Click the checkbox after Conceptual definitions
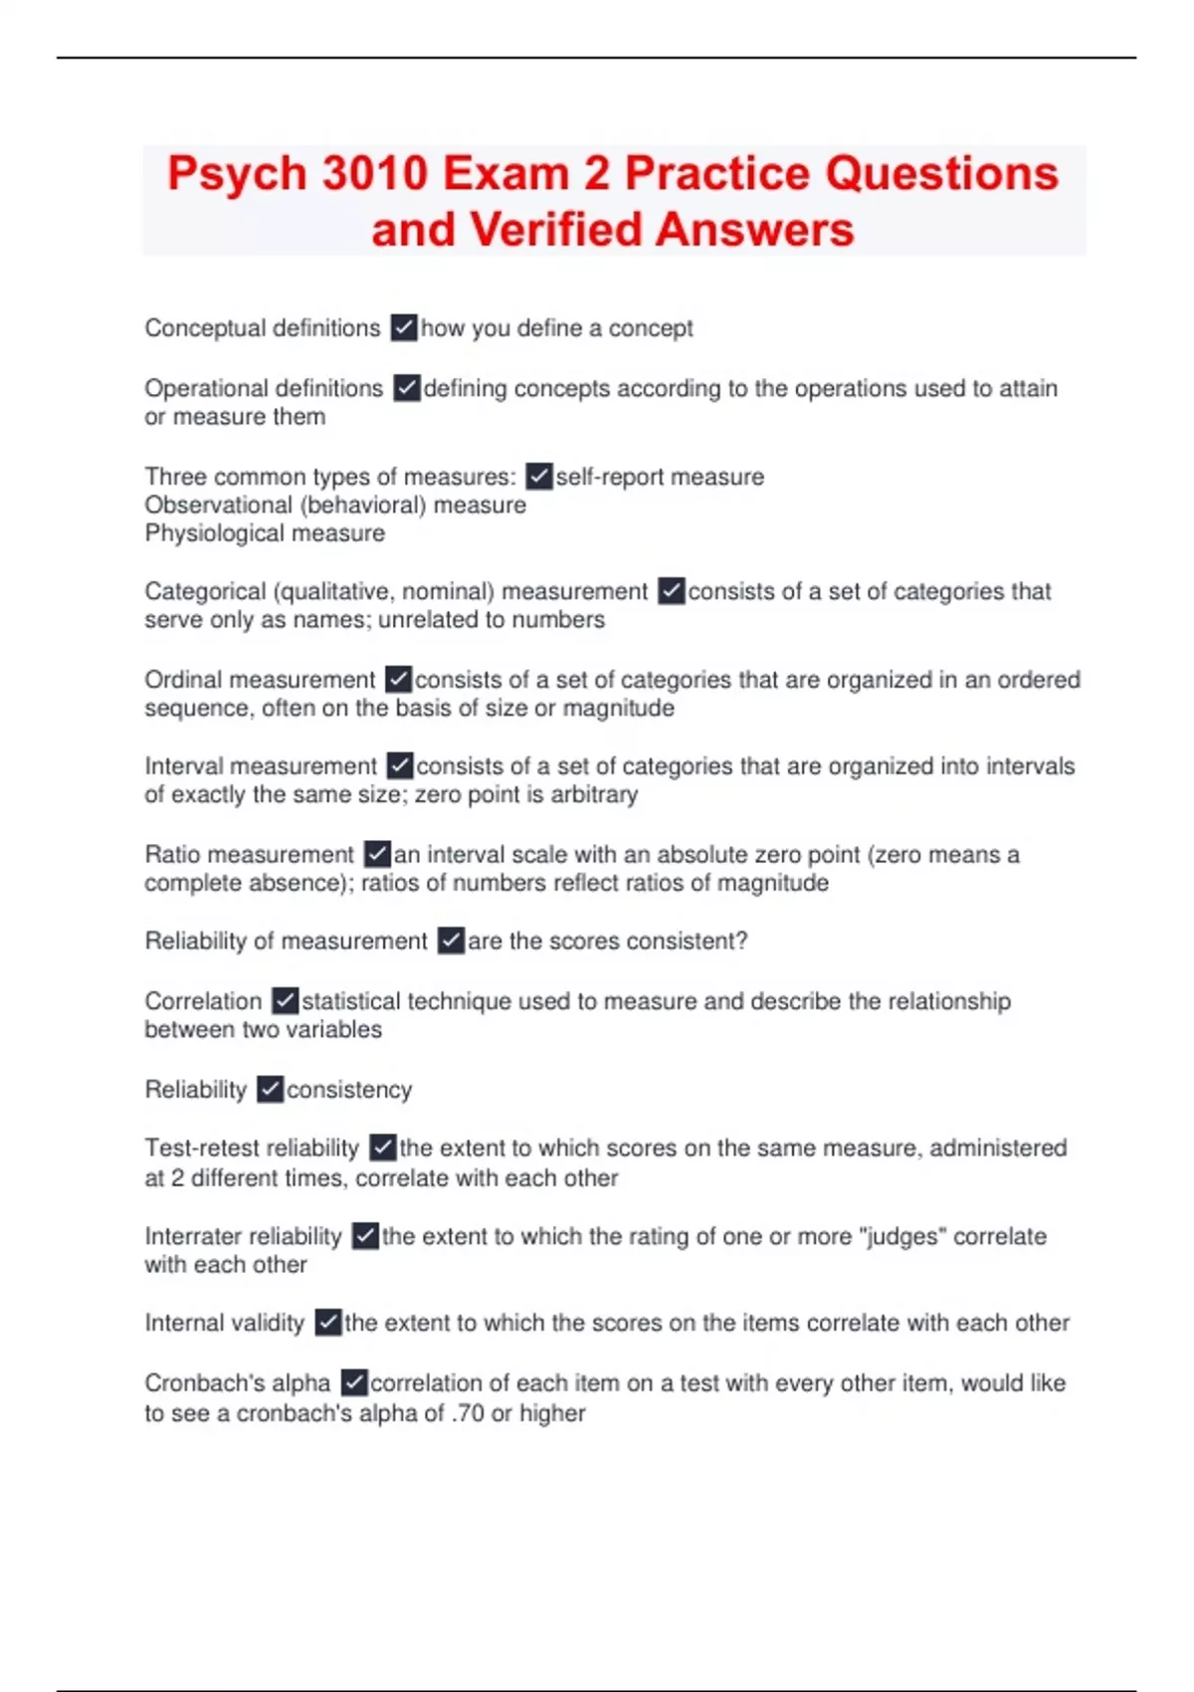coord(404,327)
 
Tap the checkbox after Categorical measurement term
coord(672,591)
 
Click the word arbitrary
coord(594,795)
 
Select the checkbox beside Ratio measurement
coord(377,854)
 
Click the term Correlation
coord(203,1001)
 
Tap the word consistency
coord(349,1090)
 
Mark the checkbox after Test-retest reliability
coord(383,1148)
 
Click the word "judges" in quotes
coord(902,1236)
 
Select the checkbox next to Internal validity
coord(328,1323)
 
